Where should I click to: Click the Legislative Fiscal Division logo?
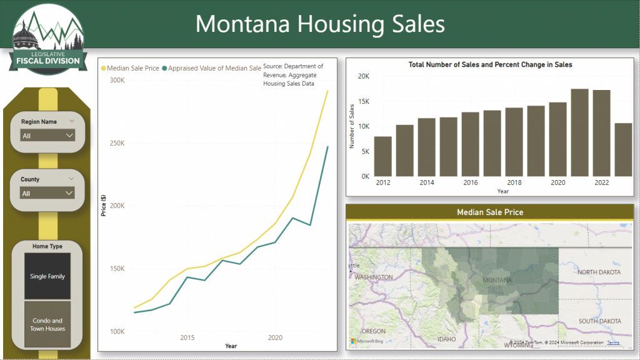[47, 37]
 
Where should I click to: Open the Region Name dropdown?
[47, 135]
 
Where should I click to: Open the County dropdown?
[47, 193]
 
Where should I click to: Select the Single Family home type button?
[47, 276]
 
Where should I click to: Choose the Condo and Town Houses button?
[47, 324]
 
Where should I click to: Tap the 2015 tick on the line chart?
[187, 337]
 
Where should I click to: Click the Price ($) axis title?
[104, 206]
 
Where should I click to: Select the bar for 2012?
[383, 156]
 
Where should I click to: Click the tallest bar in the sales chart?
[579, 132]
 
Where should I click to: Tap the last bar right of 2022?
[623, 149]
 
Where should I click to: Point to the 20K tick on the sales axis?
[364, 76]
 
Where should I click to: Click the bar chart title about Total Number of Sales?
[490, 64]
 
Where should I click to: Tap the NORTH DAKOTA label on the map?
[599, 272]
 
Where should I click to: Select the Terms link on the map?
[613, 342]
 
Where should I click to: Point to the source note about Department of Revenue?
[293, 74]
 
